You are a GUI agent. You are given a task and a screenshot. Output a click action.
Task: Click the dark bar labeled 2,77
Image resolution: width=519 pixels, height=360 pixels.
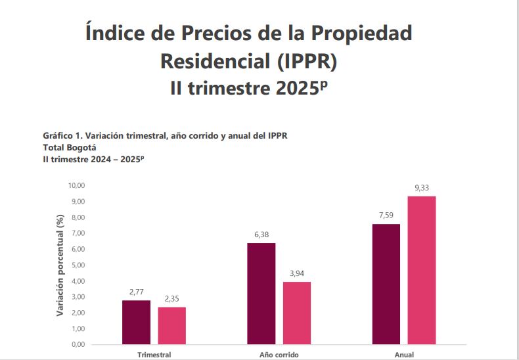click(136, 322)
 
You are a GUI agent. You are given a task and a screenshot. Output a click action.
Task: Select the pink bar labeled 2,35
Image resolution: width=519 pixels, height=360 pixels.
click(171, 325)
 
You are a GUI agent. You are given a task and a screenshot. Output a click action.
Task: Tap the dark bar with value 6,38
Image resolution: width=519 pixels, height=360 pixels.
click(261, 294)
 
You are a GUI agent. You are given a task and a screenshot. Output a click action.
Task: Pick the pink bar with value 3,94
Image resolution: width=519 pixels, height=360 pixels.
click(296, 313)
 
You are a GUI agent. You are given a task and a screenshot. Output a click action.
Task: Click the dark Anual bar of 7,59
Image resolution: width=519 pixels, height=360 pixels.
click(386, 284)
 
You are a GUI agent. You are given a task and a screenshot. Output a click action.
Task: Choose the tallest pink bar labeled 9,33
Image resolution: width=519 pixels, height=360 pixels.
click(421, 270)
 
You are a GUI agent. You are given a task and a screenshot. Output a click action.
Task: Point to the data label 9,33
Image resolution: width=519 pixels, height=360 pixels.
click(422, 189)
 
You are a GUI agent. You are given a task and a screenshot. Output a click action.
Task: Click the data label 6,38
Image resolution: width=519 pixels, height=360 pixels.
click(261, 235)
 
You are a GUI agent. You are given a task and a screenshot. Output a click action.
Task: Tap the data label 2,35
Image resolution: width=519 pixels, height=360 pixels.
click(172, 300)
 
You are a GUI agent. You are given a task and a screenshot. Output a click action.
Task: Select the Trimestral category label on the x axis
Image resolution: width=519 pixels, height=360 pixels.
click(154, 355)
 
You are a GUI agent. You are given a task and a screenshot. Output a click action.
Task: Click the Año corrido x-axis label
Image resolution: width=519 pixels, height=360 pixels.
click(279, 355)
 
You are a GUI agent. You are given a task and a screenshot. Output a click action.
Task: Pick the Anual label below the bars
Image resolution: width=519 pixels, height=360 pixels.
click(404, 355)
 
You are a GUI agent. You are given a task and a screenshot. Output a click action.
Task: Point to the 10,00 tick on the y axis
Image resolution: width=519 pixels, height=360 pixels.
click(78, 185)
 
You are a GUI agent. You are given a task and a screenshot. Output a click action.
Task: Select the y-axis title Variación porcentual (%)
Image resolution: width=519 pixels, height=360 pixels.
click(60, 265)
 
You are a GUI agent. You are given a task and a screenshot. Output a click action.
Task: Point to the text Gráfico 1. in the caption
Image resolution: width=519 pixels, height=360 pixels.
click(61, 136)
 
